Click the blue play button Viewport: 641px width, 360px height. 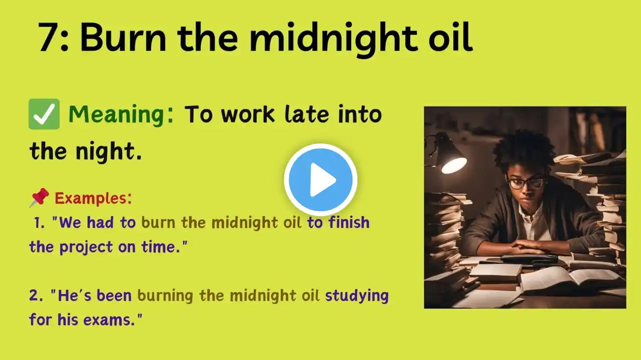320,179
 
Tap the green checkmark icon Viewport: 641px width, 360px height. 44,114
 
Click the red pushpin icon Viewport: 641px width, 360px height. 39,197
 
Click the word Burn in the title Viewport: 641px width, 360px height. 123,37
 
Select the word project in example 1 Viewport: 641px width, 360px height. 86,247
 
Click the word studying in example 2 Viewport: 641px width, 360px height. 357,296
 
